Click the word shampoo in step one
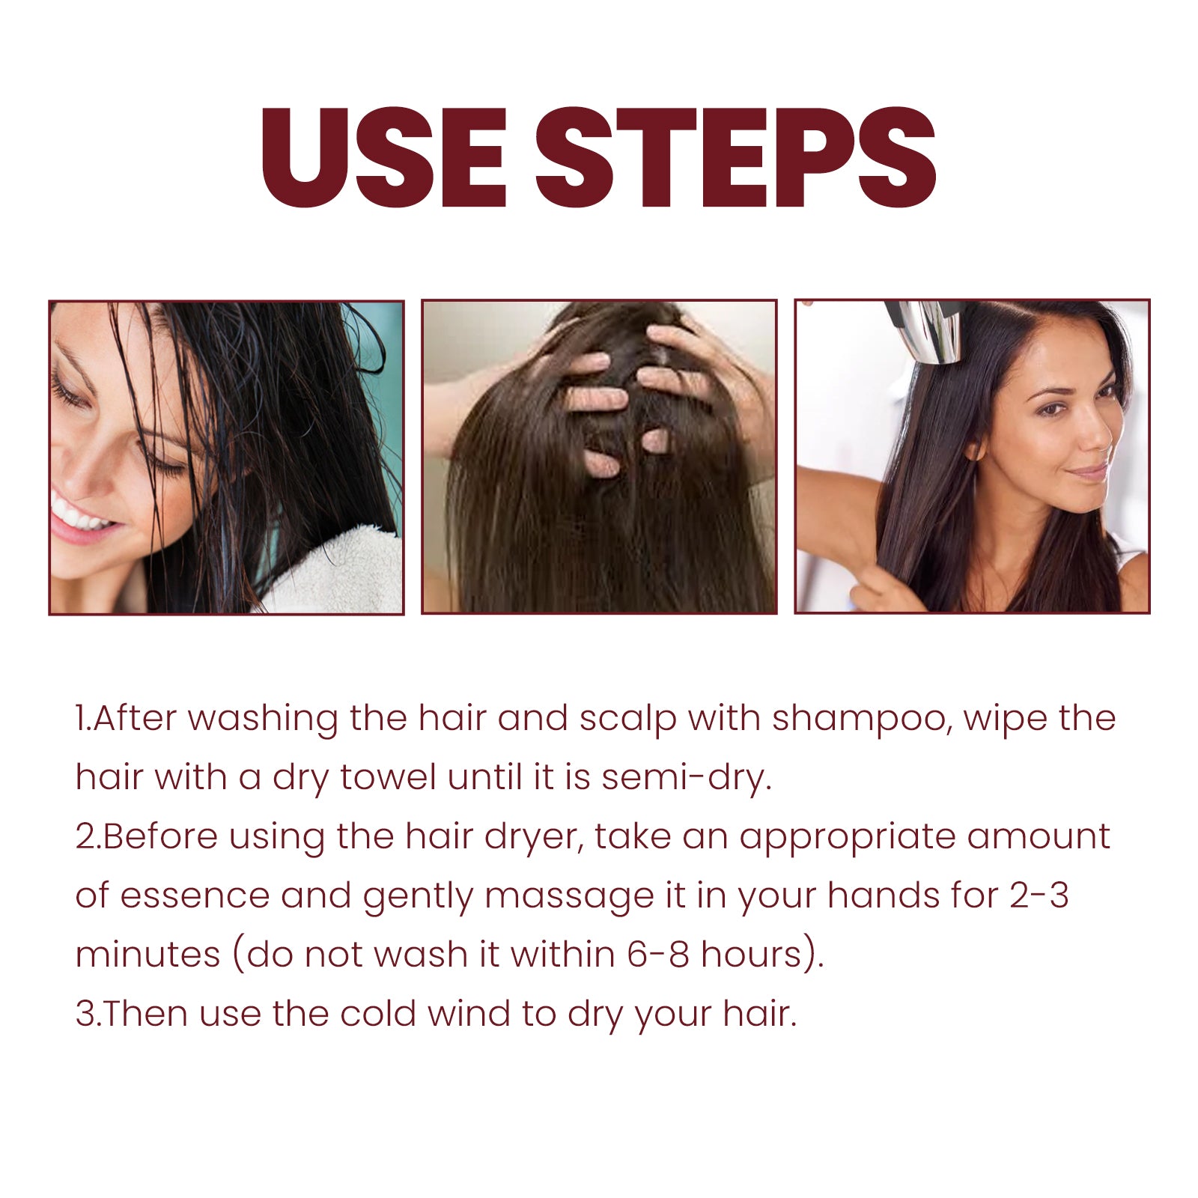pyautogui.click(x=861, y=720)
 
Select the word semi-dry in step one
pyautogui.click(x=685, y=778)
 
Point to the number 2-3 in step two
pyautogui.click(x=1039, y=896)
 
